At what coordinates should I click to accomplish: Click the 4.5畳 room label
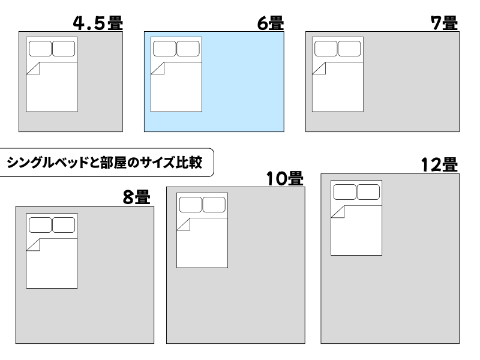(x=97, y=23)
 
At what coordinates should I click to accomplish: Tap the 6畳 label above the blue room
(x=270, y=23)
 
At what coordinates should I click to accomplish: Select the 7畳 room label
(x=445, y=23)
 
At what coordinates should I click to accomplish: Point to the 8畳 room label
(x=136, y=197)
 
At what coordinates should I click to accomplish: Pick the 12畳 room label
(x=439, y=164)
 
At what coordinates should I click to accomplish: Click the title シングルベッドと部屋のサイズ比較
(x=105, y=163)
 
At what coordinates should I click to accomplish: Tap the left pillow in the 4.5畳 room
(x=40, y=49)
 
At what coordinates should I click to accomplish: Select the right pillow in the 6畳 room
(x=188, y=49)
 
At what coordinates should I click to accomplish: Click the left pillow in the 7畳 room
(x=326, y=49)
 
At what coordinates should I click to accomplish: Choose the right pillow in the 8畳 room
(x=64, y=225)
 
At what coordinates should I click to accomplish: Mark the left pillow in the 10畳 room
(x=190, y=205)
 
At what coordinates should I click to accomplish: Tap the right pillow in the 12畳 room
(x=368, y=192)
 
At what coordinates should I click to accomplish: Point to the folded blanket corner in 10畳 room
(x=184, y=225)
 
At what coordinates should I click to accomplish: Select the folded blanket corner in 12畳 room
(x=338, y=212)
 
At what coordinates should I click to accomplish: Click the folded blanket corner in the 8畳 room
(x=34, y=245)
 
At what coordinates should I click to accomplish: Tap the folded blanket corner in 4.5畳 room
(x=34, y=68)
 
